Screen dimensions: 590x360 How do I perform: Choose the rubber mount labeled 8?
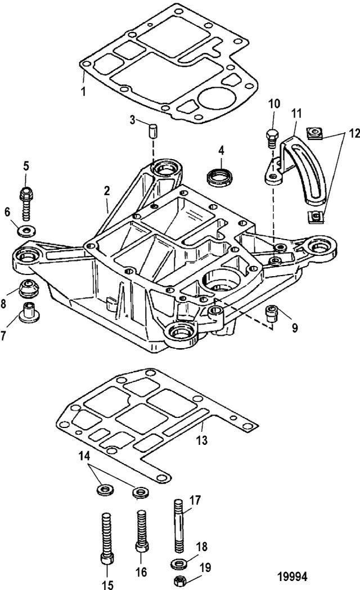pyautogui.click(x=26, y=288)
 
